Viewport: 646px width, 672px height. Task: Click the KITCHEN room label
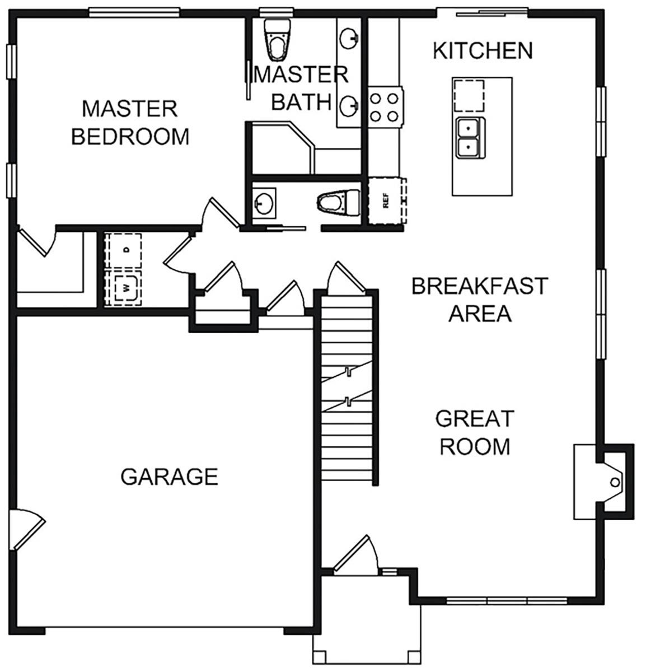click(x=483, y=50)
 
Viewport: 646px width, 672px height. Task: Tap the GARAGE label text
click(x=169, y=477)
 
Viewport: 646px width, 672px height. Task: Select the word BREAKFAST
click(x=479, y=286)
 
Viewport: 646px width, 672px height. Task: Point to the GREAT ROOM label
click(x=475, y=432)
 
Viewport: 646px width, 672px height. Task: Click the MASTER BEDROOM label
click(x=130, y=122)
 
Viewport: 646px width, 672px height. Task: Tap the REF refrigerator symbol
click(x=386, y=200)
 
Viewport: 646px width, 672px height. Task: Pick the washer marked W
click(x=124, y=289)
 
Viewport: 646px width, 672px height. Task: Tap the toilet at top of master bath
click(x=277, y=39)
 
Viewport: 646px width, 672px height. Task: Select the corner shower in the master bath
click(x=280, y=148)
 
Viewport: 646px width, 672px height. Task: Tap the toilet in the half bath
click(x=339, y=202)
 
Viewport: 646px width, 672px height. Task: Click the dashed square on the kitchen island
click(x=469, y=96)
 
